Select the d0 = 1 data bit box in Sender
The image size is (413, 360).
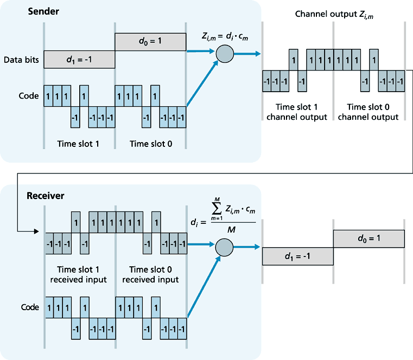click(x=150, y=40)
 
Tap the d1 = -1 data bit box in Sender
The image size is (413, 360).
click(x=79, y=60)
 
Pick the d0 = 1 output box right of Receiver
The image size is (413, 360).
click(x=368, y=237)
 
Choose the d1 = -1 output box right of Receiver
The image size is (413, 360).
click(x=297, y=256)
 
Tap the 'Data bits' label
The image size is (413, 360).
click(x=21, y=60)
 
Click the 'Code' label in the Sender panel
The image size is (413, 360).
click(x=28, y=96)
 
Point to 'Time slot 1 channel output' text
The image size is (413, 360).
click(x=296, y=112)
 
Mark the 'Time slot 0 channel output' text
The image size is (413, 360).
click(x=372, y=112)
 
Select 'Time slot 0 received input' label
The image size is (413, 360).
click(x=150, y=274)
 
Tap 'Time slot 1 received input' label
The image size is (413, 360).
click(x=80, y=274)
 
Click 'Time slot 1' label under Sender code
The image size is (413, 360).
click(x=80, y=144)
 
